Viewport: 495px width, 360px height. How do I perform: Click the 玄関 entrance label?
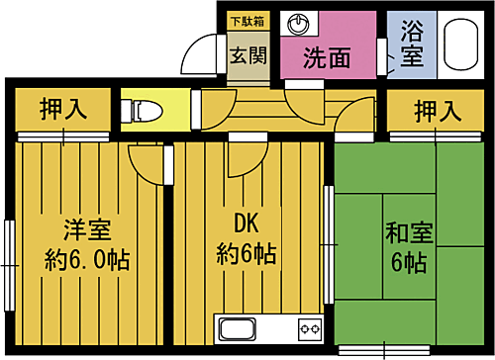(x=247, y=56)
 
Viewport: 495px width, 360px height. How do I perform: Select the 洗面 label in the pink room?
(x=327, y=58)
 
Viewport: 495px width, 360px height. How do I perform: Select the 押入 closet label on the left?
(x=61, y=109)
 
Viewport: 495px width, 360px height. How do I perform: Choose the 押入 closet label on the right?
(x=437, y=109)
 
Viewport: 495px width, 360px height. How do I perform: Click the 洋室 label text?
(x=86, y=230)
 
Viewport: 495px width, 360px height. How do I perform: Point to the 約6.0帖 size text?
(x=87, y=261)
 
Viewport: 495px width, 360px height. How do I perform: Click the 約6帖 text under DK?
(x=246, y=255)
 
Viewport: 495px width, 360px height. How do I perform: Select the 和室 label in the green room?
(x=407, y=234)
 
